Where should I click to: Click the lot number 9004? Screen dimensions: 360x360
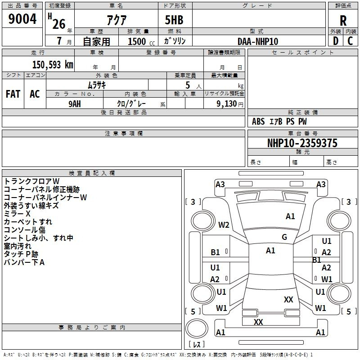[22, 18]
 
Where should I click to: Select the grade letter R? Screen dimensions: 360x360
[343, 21]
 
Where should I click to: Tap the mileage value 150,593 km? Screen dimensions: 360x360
[53, 65]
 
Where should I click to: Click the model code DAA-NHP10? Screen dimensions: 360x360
[258, 41]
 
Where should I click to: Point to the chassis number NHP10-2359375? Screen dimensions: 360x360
[302, 143]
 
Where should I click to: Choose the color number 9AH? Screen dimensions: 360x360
[75, 104]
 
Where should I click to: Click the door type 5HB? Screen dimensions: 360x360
[174, 20]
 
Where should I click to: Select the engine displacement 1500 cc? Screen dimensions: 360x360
[141, 41]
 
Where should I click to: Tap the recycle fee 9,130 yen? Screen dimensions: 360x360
[230, 104]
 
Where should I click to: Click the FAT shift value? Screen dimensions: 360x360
[13, 94]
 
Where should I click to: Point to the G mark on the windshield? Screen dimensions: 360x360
[284, 237]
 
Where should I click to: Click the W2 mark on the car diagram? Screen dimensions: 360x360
[224, 225]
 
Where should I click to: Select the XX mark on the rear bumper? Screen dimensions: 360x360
[258, 322]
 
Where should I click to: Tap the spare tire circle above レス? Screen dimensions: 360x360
[197, 328]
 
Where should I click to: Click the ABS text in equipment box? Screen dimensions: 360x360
[258, 121]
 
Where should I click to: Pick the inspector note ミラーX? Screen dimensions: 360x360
[17, 214]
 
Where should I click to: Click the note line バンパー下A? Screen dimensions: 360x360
[24, 262]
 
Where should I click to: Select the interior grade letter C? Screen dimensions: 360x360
[350, 41]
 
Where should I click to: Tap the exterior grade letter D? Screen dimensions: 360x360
[335, 41]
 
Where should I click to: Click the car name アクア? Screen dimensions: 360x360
[117, 20]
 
